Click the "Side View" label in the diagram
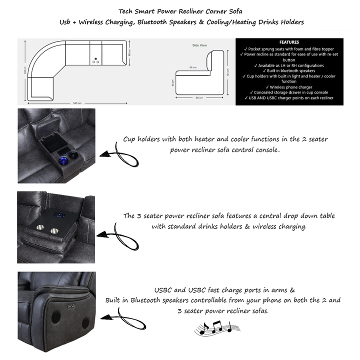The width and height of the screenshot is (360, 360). [200, 45]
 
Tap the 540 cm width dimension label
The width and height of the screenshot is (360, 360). [77, 103]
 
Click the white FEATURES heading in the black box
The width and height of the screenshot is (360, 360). [290, 42]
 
